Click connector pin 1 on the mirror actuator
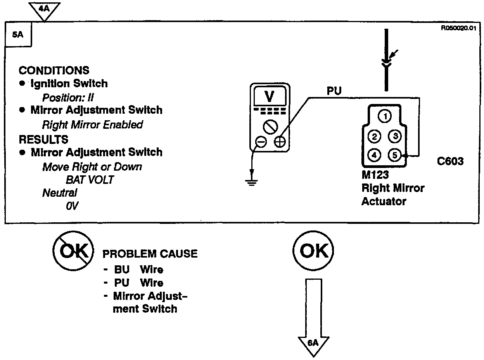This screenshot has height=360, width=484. tap(384, 116)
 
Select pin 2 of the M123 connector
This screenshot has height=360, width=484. tap(374, 136)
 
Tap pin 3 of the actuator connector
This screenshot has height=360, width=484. tap(394, 136)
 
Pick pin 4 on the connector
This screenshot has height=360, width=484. tap(374, 155)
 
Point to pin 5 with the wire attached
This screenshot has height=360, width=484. tap(394, 155)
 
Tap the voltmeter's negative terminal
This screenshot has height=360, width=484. tap(261, 142)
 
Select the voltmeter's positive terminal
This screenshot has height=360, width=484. tap(279, 142)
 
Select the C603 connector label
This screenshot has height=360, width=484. tap(450, 161)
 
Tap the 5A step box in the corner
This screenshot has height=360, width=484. tap(18, 35)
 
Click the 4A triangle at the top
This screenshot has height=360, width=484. tap(45, 8)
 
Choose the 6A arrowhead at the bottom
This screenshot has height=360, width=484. tap(313, 344)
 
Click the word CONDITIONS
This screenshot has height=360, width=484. tap(54, 71)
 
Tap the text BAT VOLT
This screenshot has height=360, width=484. tap(90, 180)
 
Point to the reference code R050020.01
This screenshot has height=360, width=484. tap(458, 28)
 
